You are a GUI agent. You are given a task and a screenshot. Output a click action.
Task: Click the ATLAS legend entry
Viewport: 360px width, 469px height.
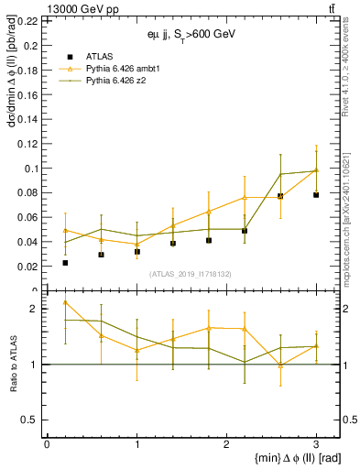pos(99,56)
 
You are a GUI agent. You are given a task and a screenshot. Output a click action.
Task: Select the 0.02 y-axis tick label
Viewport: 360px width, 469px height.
pos(29,267)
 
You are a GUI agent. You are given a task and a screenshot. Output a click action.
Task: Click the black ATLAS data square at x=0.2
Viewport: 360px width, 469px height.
pos(65,263)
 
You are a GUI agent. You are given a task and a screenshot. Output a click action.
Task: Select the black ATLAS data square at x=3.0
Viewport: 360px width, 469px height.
pos(316,194)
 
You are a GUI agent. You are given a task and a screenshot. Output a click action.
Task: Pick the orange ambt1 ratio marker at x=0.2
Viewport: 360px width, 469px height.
pos(65,302)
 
